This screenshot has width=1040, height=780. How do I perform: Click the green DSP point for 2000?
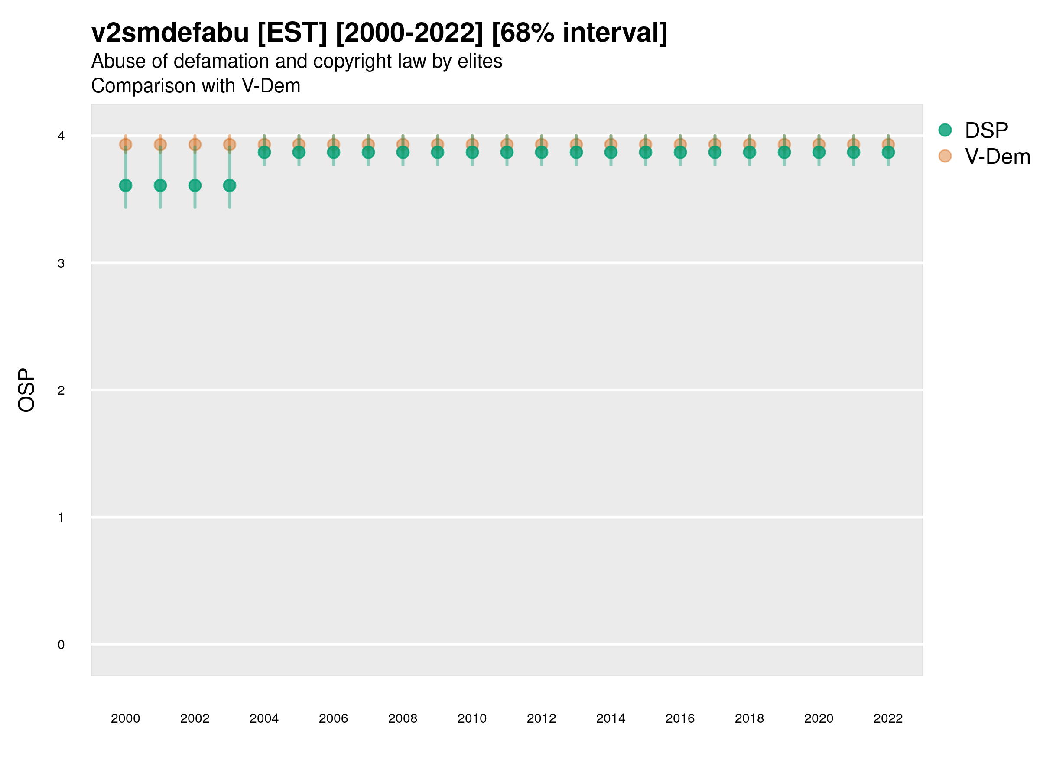[x=126, y=186]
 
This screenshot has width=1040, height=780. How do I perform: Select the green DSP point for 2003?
[x=229, y=186]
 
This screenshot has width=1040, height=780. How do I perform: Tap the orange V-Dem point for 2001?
[x=160, y=144]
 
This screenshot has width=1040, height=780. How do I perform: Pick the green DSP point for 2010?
[x=472, y=153]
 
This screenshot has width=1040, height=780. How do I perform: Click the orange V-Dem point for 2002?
[x=195, y=144]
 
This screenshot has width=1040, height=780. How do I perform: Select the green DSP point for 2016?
[x=680, y=153]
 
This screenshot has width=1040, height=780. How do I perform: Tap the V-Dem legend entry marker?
[x=945, y=156]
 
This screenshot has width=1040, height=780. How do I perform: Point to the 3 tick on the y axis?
[x=61, y=263]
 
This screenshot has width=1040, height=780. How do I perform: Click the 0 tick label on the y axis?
[x=61, y=645]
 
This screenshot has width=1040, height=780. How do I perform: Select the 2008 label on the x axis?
[x=403, y=718]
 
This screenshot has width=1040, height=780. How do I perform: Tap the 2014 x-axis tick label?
[x=611, y=718]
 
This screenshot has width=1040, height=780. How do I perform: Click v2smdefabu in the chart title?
[x=170, y=33]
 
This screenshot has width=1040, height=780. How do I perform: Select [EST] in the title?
[x=292, y=33]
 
